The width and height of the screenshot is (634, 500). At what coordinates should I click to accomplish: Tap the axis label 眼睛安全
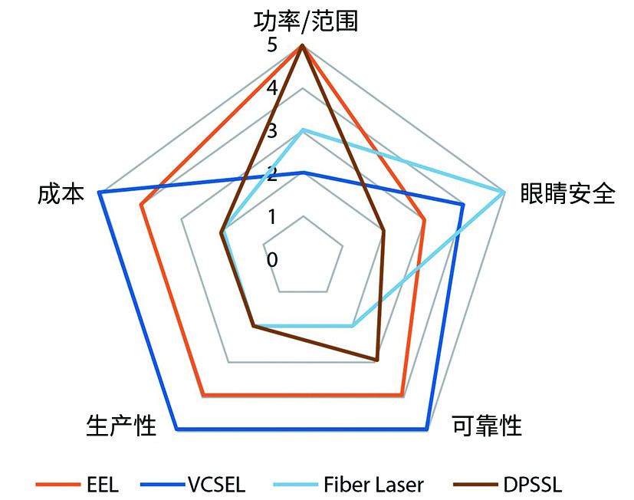click(x=567, y=194)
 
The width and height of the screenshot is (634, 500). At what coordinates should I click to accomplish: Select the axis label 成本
click(x=60, y=194)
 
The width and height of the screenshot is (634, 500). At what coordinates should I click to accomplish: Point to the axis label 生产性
click(x=117, y=426)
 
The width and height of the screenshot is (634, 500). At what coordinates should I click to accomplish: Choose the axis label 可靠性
click(x=487, y=426)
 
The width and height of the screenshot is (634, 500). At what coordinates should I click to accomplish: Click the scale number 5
click(x=272, y=46)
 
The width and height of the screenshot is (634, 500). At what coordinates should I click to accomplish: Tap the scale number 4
click(x=272, y=88)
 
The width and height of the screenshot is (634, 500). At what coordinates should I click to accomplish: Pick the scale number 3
click(x=272, y=131)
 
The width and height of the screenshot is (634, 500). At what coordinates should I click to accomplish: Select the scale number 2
click(x=272, y=174)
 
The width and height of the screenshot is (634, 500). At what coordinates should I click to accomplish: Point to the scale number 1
click(x=272, y=217)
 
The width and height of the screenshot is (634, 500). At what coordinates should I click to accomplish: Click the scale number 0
click(x=272, y=260)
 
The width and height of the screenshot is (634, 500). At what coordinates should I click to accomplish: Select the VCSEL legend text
click(x=216, y=485)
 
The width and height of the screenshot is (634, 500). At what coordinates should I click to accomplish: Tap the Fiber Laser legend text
click(x=373, y=485)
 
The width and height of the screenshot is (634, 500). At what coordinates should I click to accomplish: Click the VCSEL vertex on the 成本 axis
click(x=100, y=192)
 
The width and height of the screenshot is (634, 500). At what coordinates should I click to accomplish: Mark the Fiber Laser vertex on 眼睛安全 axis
click(x=504, y=192)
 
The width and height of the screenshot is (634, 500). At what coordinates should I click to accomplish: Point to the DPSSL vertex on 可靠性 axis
click(x=376, y=359)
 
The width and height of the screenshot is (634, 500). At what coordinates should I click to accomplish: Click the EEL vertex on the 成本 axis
click(x=141, y=206)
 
